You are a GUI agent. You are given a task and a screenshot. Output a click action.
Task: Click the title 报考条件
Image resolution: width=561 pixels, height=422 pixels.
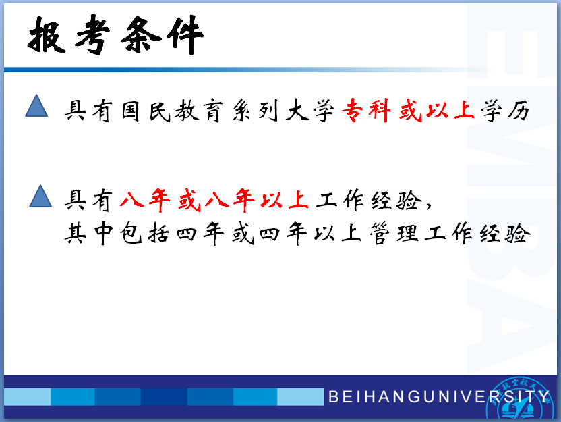pos(115,34)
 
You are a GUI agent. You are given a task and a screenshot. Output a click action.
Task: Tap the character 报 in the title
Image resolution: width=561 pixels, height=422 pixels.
pos(47,35)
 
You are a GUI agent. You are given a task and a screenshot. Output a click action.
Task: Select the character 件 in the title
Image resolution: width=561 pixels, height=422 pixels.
pos(185,34)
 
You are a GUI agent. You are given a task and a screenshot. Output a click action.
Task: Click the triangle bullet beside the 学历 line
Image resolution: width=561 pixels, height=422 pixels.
pos(36,105)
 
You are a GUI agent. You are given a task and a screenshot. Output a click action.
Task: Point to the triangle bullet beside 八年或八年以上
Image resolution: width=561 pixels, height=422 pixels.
pos(40,196)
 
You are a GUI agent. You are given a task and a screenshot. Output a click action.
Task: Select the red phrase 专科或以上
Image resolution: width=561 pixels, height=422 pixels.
pos(408,110)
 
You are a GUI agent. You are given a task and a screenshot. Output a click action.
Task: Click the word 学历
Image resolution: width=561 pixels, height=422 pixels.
pos(505,110)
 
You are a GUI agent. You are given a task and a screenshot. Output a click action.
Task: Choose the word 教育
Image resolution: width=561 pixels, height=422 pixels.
pos(199,111)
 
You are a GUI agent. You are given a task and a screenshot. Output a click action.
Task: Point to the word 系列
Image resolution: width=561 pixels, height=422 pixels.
pos(255,110)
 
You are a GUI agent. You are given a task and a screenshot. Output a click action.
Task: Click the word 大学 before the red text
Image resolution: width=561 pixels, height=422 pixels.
pos(310,110)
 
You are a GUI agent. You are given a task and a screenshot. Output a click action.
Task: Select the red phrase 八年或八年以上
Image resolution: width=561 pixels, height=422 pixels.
pos(214,200)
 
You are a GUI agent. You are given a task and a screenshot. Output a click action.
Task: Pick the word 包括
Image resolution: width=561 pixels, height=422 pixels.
pos(144,234)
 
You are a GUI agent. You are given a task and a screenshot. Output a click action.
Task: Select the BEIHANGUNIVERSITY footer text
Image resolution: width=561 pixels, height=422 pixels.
pos(438,396)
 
